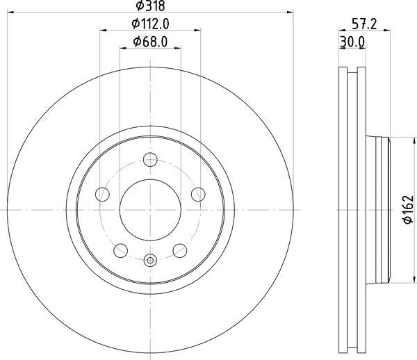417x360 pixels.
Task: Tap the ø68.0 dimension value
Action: pos(149,42)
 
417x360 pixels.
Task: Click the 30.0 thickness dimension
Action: pos(352,42)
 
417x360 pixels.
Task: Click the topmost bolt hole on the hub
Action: pos(150,159)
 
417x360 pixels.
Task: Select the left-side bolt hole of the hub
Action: pos(101,194)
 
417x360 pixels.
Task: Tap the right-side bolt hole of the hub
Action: pos(199,194)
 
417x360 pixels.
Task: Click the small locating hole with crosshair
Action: pos(150,261)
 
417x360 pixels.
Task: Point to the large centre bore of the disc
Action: pos(150,209)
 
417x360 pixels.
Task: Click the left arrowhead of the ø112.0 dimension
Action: pos(104,31)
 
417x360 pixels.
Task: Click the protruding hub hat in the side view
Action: pos(381,208)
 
